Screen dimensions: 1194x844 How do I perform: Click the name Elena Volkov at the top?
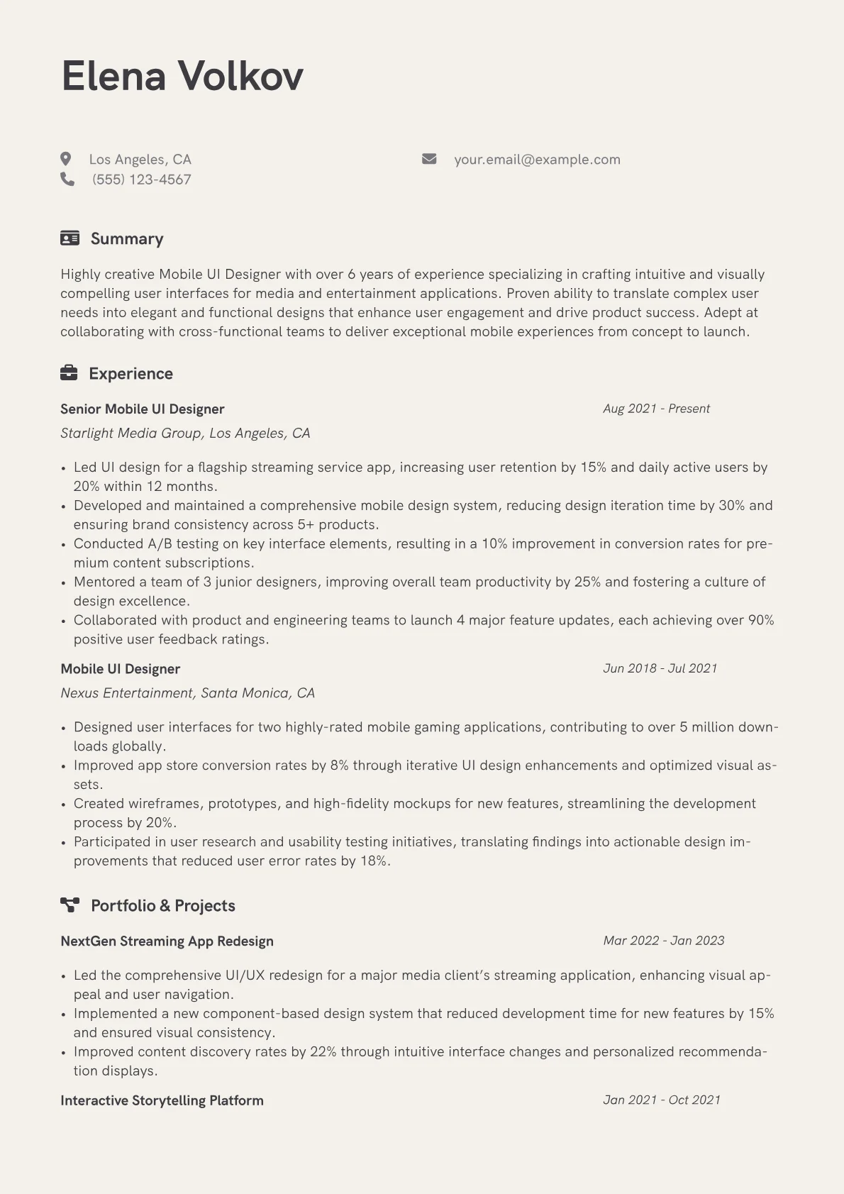[182, 76]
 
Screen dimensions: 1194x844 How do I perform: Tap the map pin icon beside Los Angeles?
[66, 159]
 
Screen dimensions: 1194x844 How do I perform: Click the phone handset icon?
[67, 179]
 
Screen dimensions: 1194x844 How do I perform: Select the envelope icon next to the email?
[429, 159]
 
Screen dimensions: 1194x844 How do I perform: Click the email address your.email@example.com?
[537, 160]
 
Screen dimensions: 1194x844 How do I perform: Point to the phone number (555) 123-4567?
[141, 179]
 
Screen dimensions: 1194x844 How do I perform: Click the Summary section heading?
[127, 238]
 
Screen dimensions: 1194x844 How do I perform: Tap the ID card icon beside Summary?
[70, 238]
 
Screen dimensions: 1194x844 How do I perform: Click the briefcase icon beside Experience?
[69, 372]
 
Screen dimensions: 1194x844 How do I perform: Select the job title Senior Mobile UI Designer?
[142, 409]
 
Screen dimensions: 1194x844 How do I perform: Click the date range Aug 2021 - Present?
[656, 409]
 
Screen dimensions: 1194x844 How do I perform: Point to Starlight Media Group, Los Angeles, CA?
[185, 433]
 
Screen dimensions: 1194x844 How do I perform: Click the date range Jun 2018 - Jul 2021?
[660, 668]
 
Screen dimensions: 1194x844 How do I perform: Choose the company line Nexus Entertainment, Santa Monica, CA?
[187, 692]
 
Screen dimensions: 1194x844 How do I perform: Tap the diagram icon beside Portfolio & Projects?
[70, 905]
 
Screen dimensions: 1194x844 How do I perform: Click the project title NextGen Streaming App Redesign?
[167, 941]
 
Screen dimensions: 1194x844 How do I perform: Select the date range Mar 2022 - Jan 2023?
[663, 941]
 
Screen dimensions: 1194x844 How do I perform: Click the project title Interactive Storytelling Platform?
[162, 1100]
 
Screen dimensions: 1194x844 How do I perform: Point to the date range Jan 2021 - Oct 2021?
[661, 1100]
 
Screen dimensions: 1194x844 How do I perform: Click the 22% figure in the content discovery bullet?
[323, 1051]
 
